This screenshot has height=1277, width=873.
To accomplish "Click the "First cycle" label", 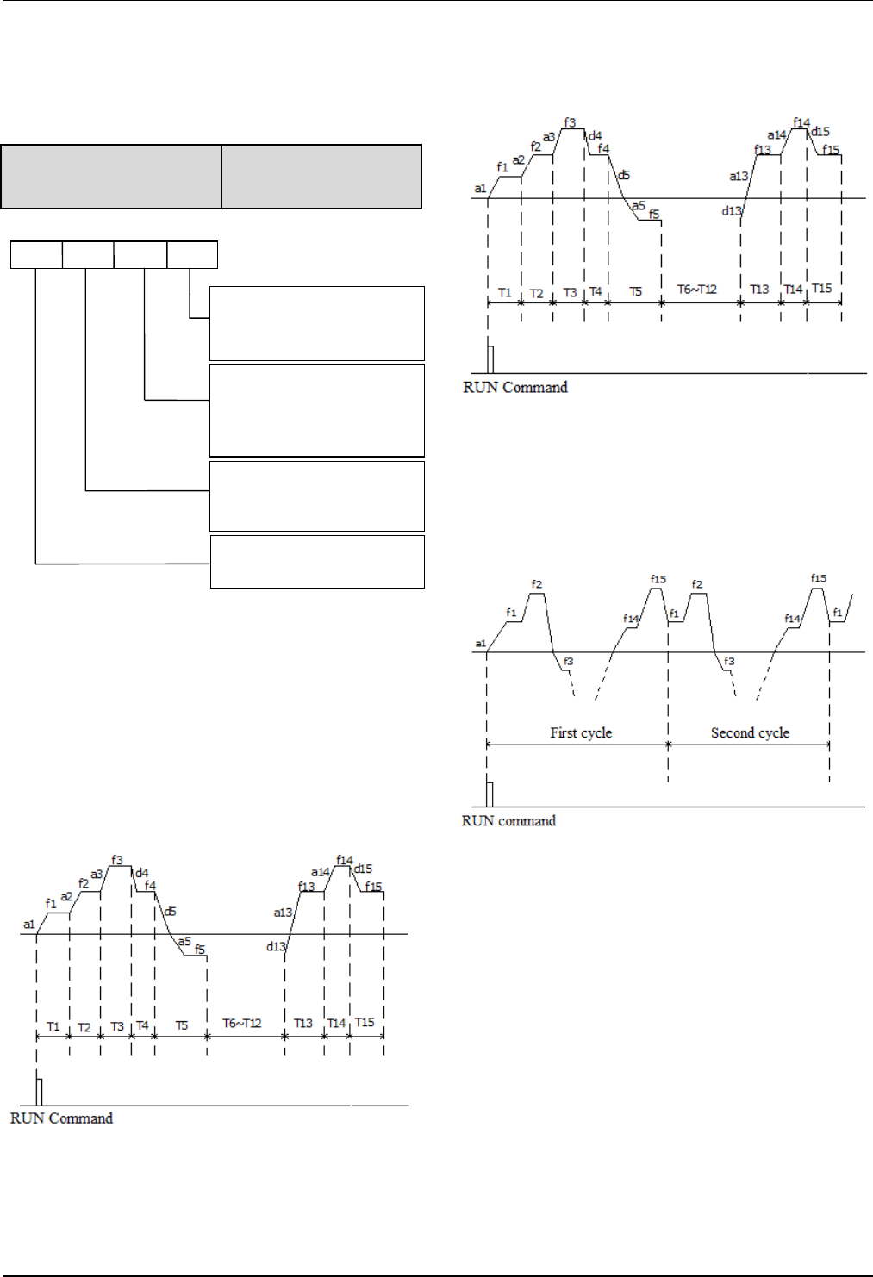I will point(581,733).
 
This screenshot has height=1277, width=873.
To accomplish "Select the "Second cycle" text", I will point(750,733).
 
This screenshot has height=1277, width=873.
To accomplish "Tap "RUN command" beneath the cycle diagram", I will point(508,821).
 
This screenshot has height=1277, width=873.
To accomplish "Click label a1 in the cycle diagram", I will point(480,644).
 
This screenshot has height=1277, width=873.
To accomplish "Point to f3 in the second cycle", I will point(729,662).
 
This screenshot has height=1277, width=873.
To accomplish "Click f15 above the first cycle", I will point(658,579).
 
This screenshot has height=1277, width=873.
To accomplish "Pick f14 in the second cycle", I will point(792,619).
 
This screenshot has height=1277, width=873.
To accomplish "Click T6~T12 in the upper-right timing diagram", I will point(696,290).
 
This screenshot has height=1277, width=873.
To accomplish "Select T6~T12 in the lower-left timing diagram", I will point(242,1024).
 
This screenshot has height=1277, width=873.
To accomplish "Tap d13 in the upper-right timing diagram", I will point(731,211).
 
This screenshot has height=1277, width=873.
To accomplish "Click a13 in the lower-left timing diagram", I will point(283,913).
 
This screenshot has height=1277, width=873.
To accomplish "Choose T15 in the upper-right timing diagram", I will point(822,289).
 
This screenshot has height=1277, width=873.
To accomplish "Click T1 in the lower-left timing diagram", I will point(53,1026).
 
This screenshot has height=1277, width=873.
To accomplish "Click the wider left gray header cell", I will point(111,177).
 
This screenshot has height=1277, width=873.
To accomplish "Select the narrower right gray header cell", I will point(321,177).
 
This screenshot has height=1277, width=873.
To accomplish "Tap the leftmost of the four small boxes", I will point(36,255).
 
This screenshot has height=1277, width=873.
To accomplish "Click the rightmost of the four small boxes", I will point(192,255).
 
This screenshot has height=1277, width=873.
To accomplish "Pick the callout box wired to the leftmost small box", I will point(317,562).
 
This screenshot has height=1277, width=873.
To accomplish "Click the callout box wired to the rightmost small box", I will point(317,323).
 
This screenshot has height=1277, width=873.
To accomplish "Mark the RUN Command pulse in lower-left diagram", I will point(39,1091).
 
